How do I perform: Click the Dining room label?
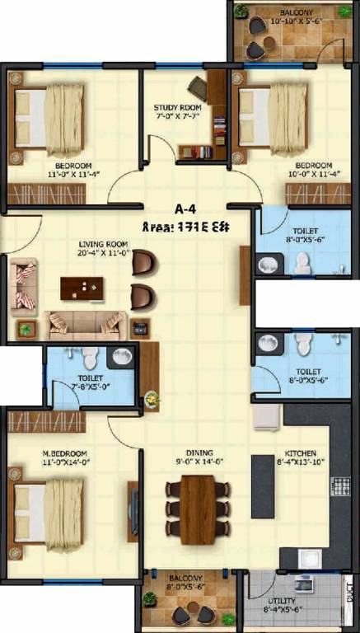199,453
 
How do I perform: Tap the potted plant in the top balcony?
240,11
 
